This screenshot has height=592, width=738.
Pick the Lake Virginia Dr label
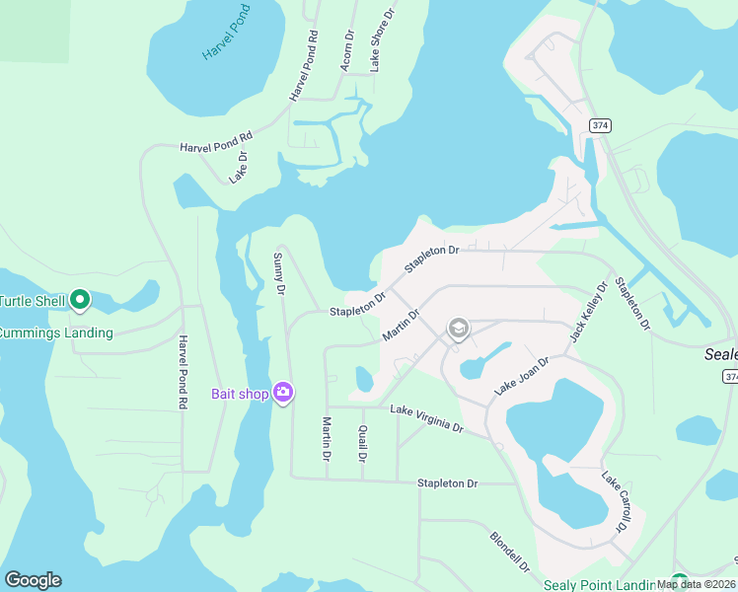(427, 418)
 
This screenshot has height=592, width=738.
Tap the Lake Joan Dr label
(521, 377)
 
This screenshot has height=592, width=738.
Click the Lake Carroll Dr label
(615, 500)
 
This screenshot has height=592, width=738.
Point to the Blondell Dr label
(510, 553)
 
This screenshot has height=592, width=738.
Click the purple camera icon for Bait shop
(283, 394)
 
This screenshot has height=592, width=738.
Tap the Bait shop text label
(240, 394)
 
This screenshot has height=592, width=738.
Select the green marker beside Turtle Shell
(81, 299)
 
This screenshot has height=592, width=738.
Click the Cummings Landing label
(56, 333)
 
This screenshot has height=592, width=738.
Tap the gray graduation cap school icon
(458, 328)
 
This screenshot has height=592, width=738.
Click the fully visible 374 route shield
(599, 126)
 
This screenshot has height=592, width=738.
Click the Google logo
(33, 580)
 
